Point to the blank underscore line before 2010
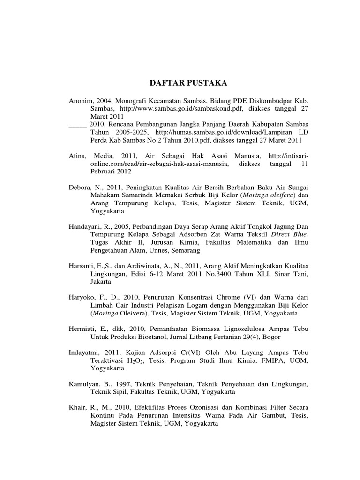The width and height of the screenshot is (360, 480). (x=77, y=125)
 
